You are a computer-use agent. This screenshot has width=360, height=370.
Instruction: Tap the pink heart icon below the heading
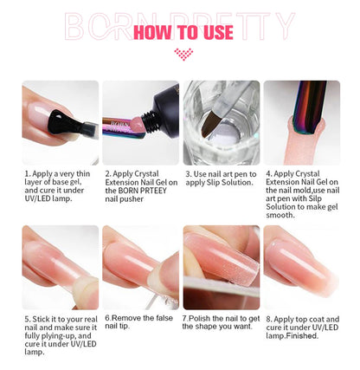(181, 53)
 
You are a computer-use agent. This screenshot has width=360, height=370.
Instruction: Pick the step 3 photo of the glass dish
(220, 121)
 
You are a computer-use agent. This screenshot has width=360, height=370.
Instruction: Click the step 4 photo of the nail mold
(301, 121)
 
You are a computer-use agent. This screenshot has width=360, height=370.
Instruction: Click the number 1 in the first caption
(27, 173)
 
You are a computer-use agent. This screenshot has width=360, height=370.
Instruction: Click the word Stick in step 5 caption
(42, 318)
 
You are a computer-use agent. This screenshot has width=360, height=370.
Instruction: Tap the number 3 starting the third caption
(187, 173)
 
